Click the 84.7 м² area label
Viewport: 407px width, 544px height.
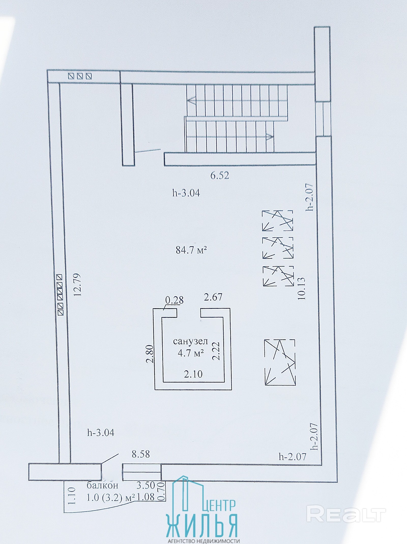pyautogui.click(x=191, y=250)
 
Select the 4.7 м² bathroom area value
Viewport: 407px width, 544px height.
pyautogui.click(x=191, y=353)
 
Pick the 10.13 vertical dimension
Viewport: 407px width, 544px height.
pyautogui.click(x=301, y=288)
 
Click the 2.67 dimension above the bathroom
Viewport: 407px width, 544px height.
pyautogui.click(x=213, y=297)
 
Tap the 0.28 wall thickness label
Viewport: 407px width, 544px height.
pyautogui.click(x=174, y=300)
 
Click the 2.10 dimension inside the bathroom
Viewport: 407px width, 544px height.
pyautogui.click(x=193, y=374)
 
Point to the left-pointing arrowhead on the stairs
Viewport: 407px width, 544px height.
pyautogui.click(x=191, y=101)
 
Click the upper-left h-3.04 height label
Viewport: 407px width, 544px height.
pyautogui.click(x=186, y=193)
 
